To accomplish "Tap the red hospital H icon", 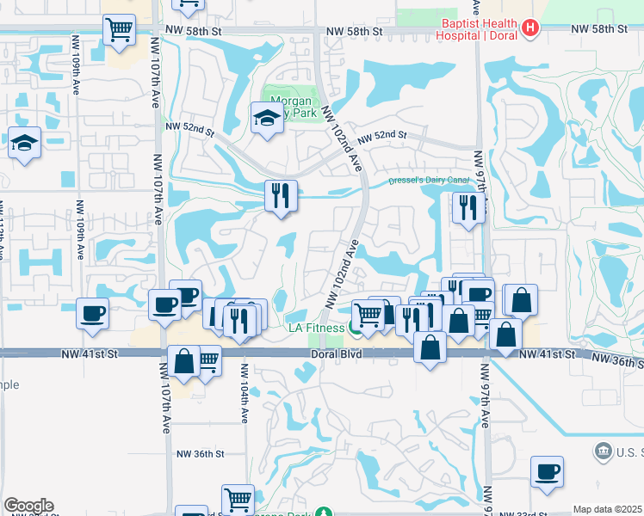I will pos(530,29).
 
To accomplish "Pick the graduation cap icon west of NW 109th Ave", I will pos(24,142).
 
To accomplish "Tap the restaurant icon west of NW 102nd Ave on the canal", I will pos(281,195).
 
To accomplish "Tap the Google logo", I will pos(28,506).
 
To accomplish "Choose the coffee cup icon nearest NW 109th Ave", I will pos(93,312).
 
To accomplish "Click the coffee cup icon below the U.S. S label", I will pos(547,471).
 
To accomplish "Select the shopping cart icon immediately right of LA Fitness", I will pos(368,314).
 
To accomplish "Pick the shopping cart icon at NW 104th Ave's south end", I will pos(238,499).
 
